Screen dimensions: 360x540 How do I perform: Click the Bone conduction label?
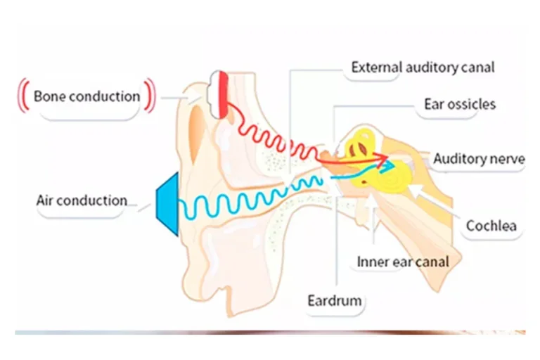86,96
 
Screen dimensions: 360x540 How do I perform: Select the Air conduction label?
82,200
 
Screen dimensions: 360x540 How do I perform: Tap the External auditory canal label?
423,67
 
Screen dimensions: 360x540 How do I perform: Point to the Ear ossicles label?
459,104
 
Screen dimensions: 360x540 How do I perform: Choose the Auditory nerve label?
478,159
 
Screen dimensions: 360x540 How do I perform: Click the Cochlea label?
491,226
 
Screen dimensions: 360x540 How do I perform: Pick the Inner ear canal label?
402,262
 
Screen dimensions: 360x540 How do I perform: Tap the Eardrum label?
334,301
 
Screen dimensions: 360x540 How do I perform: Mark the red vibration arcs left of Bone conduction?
22,96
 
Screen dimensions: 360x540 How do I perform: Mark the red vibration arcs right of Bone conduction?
149,96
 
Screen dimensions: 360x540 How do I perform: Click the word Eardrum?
334,301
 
